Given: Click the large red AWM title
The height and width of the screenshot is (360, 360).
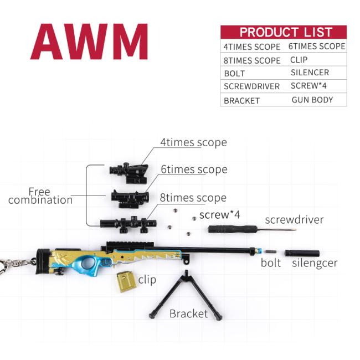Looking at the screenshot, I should pos(89,42).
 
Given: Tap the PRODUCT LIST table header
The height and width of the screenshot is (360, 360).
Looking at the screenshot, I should pos(284,32).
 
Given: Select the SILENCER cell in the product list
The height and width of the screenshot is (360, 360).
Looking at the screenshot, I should pos(310,73).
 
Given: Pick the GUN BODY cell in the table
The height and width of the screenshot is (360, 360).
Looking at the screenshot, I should pos(312,100).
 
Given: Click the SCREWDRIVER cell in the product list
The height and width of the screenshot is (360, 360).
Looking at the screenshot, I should pos(251,86).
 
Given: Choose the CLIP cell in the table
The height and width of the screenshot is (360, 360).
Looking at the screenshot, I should pos(299,59).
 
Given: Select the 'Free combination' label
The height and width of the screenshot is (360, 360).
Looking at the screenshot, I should pos(40,196).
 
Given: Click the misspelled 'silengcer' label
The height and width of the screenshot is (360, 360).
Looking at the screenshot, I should pos(315,263).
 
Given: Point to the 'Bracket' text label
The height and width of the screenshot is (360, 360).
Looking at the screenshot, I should pos(188,314).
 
